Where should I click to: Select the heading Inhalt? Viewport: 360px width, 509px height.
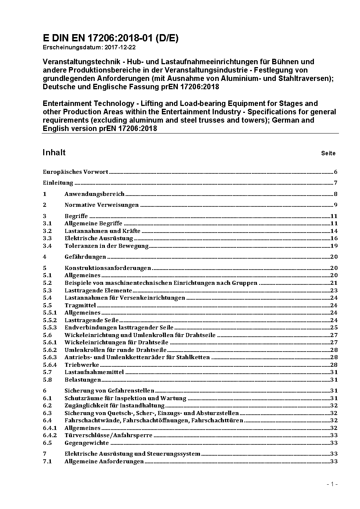pos(54,152)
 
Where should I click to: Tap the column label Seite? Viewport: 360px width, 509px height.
pos(328,153)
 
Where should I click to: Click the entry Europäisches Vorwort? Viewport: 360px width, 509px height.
pos(75,172)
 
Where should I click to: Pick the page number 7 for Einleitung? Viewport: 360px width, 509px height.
pos(336,183)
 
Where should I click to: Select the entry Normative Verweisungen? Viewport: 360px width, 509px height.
pos(102,205)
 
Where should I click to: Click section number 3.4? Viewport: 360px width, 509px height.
pos(47,246)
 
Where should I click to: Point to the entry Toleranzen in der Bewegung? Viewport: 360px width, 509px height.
pos(107,246)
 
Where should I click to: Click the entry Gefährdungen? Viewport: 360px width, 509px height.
pos(85,257)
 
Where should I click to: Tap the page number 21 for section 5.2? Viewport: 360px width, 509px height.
pos(334,283)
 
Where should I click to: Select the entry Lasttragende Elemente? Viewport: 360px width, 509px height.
pos(98,291)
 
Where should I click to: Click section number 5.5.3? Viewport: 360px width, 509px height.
pos(50,328)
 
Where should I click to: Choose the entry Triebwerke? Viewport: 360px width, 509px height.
pos(82,365)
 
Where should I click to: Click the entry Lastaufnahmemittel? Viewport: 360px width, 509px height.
pos(94,372)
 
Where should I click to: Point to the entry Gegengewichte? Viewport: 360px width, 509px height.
pos(87,443)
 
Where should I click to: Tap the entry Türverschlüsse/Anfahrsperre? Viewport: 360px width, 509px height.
pos(109,435)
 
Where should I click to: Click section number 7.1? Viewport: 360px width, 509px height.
pos(47,461)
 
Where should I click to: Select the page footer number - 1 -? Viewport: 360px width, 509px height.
pos(332,484)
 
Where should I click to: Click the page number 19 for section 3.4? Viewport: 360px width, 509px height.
pos(334,246)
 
